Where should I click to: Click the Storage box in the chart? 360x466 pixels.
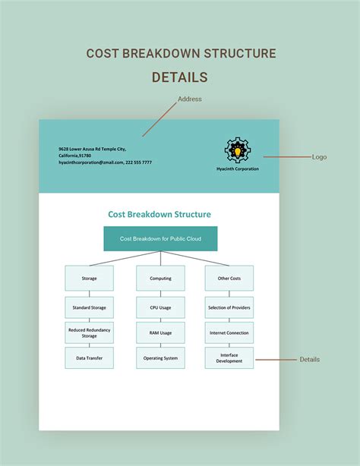pos(90,279)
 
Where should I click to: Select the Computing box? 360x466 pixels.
pos(161,279)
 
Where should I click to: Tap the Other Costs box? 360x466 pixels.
pos(229,279)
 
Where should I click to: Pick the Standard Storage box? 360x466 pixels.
pos(90,307)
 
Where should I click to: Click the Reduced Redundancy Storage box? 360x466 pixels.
pos(90,332)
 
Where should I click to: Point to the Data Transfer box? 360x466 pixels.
pos(90,357)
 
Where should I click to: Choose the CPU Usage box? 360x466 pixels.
pos(161,307)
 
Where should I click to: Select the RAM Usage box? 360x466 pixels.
pos(161,332)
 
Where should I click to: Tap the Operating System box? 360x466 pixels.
pos(161,357)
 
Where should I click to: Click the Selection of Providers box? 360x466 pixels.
pos(229,307)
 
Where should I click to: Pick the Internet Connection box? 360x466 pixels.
pos(229,332)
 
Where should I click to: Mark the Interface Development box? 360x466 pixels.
pos(229,357)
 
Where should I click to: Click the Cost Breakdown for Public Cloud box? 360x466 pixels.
pos(160,238)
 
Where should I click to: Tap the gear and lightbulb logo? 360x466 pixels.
pos(238,150)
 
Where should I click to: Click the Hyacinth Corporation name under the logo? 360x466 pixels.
pos(238,168)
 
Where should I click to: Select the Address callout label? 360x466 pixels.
pos(190,99)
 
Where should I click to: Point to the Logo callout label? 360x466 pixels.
pos(319,157)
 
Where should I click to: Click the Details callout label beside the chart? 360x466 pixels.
pos(309,359)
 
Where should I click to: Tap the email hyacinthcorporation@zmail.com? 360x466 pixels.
pos(90,162)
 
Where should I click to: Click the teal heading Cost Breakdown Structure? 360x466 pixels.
pos(159,214)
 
